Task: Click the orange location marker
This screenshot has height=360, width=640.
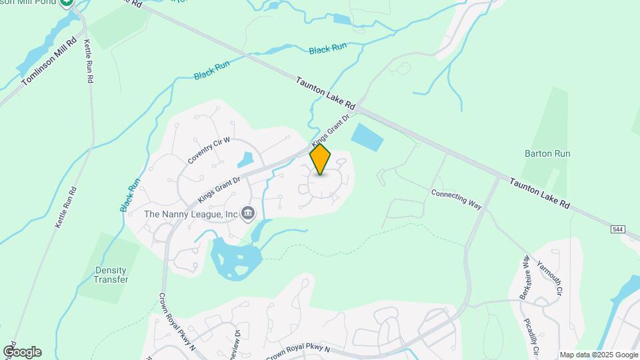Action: [321, 159]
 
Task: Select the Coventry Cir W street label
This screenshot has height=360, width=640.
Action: [209, 151]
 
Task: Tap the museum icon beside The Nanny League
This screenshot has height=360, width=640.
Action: [248, 213]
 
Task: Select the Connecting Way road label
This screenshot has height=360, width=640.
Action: [456, 199]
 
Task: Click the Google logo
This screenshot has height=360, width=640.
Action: [22, 351]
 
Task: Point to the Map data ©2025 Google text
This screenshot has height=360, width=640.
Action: [599, 355]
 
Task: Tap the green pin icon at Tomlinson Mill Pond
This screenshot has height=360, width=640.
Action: [66, 3]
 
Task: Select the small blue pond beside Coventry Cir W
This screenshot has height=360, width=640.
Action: [245, 159]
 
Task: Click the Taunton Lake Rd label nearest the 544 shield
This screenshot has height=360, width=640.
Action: [540, 193]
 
